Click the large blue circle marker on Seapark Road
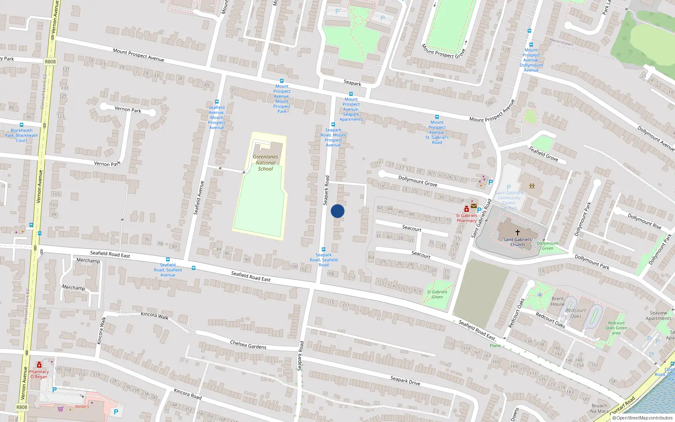pyautogui.click(x=337, y=211)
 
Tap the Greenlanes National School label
pyautogui.click(x=265, y=163)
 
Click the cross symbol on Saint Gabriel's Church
pyautogui.click(x=517, y=232)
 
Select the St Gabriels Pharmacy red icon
pyautogui.click(x=466, y=209)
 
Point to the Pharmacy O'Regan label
pyautogui.click(x=39, y=374)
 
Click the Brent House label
pyautogui.click(x=558, y=301)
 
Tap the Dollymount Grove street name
pyautogui.click(x=418, y=181)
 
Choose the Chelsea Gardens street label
pyautogui.click(x=248, y=345)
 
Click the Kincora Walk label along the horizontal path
pyautogui.click(x=154, y=315)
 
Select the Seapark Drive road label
pyautogui.click(x=405, y=381)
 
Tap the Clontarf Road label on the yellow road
pyautogui.click(x=622, y=405)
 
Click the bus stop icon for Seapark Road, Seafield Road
pyautogui.click(x=324, y=249)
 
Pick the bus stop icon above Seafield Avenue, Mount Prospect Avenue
pyautogui.click(x=217, y=102)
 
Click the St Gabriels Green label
pyautogui.click(x=437, y=294)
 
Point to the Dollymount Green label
pyautogui.click(x=548, y=246)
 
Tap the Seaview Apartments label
pyautogui.click(x=658, y=316)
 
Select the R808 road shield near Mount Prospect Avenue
pyautogui.click(x=50, y=62)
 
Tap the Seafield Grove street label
pyautogui.click(x=543, y=154)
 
